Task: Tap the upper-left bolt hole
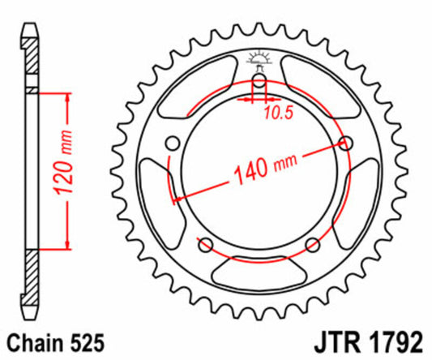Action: [x=171, y=144]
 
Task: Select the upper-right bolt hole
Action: [x=348, y=143]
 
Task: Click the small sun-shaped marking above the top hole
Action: [x=259, y=58]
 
